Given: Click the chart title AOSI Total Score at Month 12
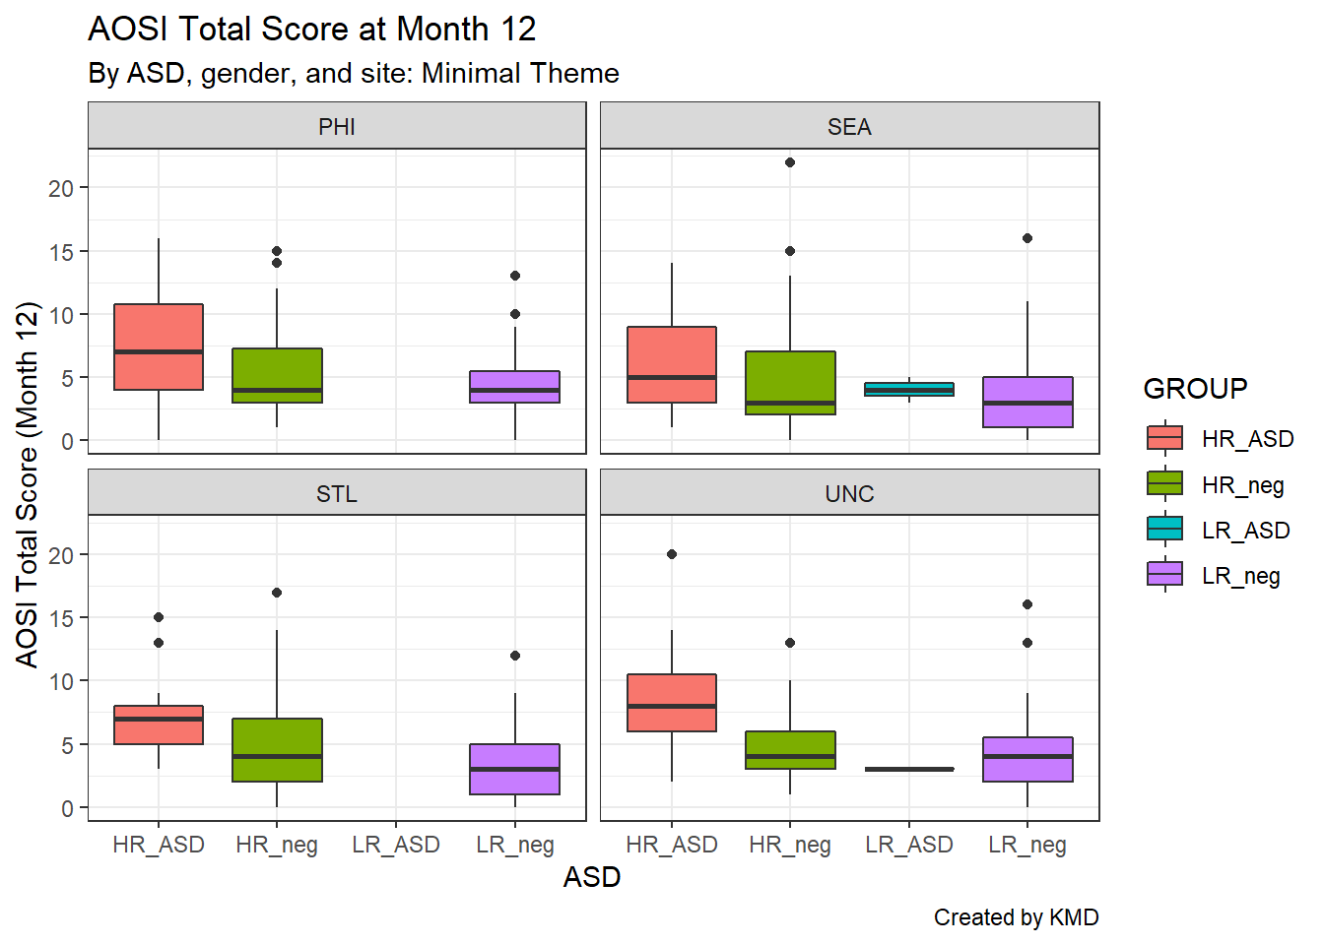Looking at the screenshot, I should pos(311,30).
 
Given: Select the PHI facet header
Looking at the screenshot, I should pos(337,127).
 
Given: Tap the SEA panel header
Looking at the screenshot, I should pos(849,127).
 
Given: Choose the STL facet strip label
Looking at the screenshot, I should pos(337,493).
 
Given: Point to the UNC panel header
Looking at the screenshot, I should pos(849,493).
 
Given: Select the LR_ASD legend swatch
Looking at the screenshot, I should pos(1165,530).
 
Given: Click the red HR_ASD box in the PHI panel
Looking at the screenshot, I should pos(159,346).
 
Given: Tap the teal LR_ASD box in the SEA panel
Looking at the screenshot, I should pos(909,389).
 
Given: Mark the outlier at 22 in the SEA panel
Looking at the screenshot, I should pos(790,162).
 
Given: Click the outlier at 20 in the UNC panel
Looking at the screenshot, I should pos(672,554).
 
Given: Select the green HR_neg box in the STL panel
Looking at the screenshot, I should pos(277,749).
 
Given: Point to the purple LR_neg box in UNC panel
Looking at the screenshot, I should pos(1027,759).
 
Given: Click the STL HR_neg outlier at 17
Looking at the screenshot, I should pos(277,593).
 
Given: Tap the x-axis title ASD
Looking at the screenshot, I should pos(592,877).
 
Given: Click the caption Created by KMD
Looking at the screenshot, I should pos(1016,917).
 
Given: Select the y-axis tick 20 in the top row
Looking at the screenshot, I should pos(61,188).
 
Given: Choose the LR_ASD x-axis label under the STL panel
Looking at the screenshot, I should pos(396,845).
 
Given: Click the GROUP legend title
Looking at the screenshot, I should pos(1195,389).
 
